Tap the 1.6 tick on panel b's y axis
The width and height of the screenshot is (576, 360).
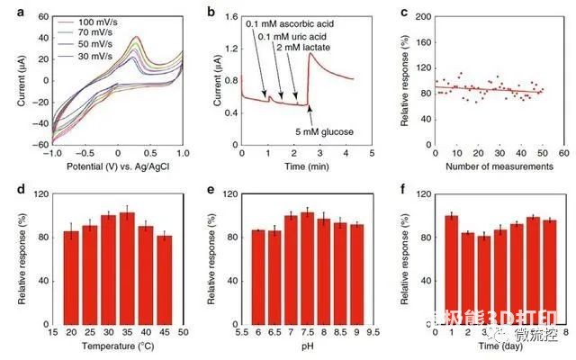(x=229, y=16)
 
